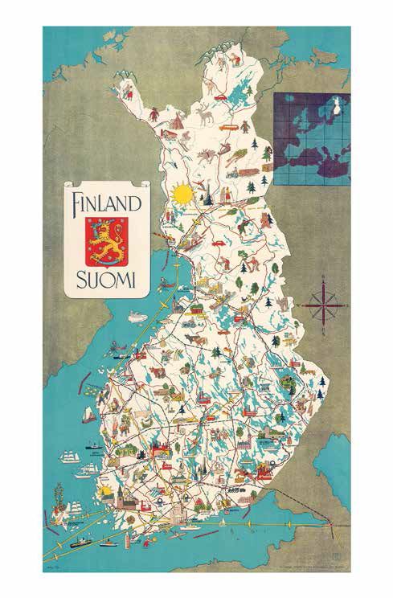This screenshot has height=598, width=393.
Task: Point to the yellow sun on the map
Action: click(x=182, y=194)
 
